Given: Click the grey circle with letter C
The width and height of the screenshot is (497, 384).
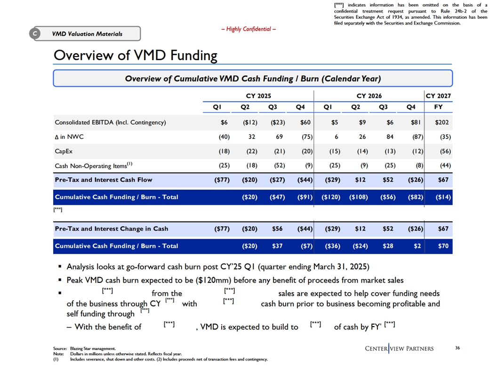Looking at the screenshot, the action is pos(35,33).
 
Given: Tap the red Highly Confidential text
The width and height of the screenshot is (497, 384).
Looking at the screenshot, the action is pos(248,29).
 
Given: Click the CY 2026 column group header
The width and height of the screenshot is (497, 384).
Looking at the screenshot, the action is pos(369,96).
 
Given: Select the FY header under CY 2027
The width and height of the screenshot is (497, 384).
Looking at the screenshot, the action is pos(438,107).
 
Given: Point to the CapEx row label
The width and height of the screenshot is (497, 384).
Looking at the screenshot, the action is pos(64,151).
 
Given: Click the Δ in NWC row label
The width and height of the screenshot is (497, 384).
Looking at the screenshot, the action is pos(69,137).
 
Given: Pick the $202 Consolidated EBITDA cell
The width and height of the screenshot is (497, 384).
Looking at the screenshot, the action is pos(442,122).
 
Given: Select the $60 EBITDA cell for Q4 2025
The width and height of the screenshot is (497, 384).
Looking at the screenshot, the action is pos(305,122).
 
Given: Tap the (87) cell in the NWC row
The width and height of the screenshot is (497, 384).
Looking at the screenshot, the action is pos(417,137).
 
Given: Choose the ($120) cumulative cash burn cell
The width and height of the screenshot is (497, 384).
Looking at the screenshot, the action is pos(331,197).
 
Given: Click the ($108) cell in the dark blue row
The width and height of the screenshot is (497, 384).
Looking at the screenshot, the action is pos(359,197).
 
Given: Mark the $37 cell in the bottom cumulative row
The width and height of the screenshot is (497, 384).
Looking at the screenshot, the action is pos(277,246).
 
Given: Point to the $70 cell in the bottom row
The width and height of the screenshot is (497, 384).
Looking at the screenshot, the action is pos(443,246).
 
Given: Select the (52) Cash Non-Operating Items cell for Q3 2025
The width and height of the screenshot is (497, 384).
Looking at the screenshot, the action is pos(279,165).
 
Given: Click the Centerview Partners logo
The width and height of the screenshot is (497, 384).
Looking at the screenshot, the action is pos(399,349).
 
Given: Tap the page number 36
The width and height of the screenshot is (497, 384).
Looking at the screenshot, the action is pos(457,348).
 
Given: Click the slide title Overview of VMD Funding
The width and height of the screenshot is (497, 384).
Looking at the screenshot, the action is pos(136,55).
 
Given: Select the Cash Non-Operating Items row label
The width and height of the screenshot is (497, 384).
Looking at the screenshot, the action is pos(94,165).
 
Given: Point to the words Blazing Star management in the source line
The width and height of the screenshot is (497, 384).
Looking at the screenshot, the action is pos(93,349).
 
